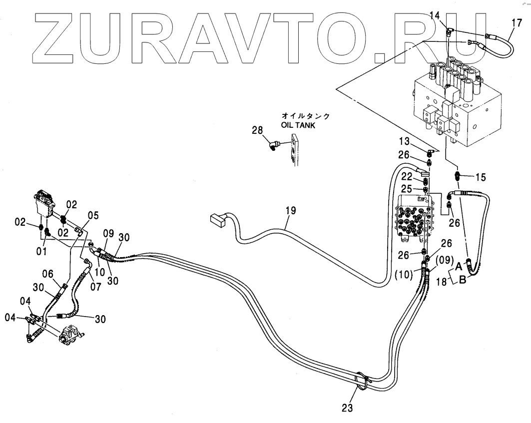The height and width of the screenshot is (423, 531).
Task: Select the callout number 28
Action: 256,131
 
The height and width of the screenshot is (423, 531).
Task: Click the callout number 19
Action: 290,211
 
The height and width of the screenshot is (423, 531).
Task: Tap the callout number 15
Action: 480,177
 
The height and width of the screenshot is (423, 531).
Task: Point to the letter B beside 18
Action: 463,280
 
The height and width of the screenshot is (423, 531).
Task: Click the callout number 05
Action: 93,216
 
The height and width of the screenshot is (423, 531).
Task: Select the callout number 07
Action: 95,287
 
